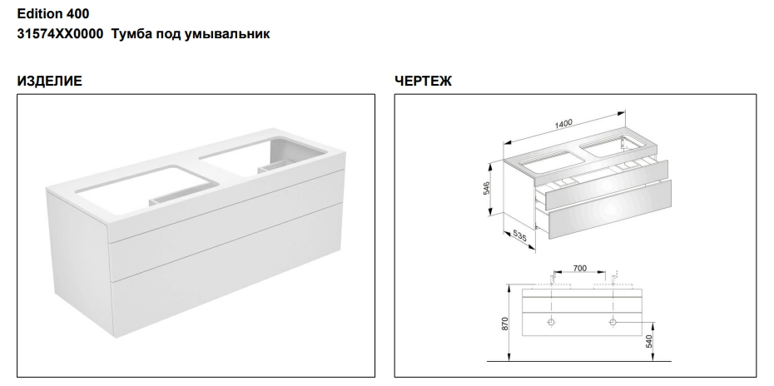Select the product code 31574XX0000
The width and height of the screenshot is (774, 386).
(60, 34)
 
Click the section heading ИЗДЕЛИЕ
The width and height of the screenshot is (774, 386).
(49, 81)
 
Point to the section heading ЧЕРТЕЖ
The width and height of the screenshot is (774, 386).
(423, 81)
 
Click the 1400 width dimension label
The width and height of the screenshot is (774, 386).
(563, 123)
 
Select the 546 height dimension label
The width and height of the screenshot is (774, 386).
(486, 189)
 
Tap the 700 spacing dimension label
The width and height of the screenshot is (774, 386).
(580, 268)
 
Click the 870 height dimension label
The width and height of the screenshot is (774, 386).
(505, 324)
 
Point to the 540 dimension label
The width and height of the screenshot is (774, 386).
(648, 341)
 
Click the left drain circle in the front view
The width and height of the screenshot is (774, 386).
(552, 322)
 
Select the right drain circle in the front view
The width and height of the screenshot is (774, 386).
(613, 322)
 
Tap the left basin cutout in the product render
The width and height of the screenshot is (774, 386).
(148, 189)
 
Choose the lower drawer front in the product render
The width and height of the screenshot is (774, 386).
(227, 273)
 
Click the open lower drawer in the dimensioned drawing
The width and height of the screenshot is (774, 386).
(610, 210)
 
